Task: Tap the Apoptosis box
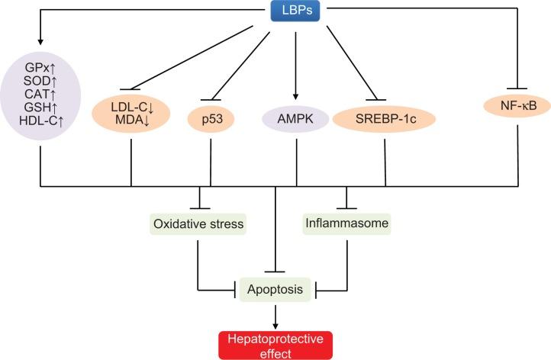coord(275,290)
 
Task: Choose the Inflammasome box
coord(347,224)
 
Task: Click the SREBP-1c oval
coord(384,120)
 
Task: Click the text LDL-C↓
coord(131,107)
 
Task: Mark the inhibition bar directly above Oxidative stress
coord(200,207)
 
